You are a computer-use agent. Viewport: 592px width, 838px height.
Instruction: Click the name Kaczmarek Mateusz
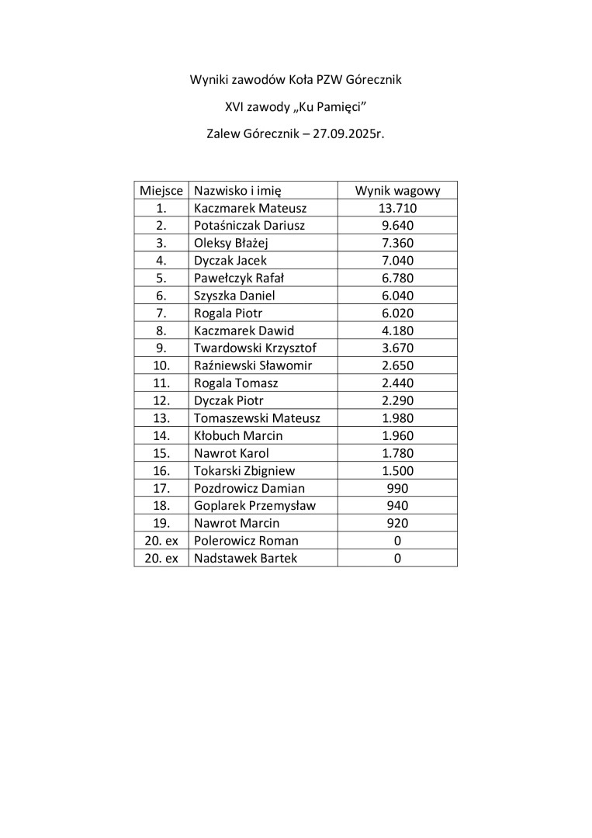point(251,209)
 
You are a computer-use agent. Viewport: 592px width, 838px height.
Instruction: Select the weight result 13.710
point(397,209)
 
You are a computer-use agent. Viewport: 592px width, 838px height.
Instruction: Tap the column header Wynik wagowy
point(397,191)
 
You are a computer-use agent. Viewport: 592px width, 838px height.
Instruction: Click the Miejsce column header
point(161,191)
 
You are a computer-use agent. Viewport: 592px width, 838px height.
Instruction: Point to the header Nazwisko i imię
point(237,191)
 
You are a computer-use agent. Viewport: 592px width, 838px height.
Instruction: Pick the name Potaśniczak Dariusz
point(249,226)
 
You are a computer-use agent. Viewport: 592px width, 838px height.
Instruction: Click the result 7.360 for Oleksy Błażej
point(397,244)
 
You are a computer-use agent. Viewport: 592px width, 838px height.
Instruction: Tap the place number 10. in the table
point(161,365)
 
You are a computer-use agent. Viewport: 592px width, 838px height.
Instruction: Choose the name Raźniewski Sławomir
point(253,365)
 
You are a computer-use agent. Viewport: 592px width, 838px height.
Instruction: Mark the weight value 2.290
point(397,400)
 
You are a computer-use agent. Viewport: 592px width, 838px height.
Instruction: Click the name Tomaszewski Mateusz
point(257,418)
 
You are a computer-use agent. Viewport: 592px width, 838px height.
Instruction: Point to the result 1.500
point(397,470)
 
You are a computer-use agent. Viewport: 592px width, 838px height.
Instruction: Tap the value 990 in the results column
point(397,488)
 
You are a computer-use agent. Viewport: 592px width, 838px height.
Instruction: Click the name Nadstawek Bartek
point(245,559)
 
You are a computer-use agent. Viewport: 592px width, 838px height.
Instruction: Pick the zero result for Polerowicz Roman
point(397,541)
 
